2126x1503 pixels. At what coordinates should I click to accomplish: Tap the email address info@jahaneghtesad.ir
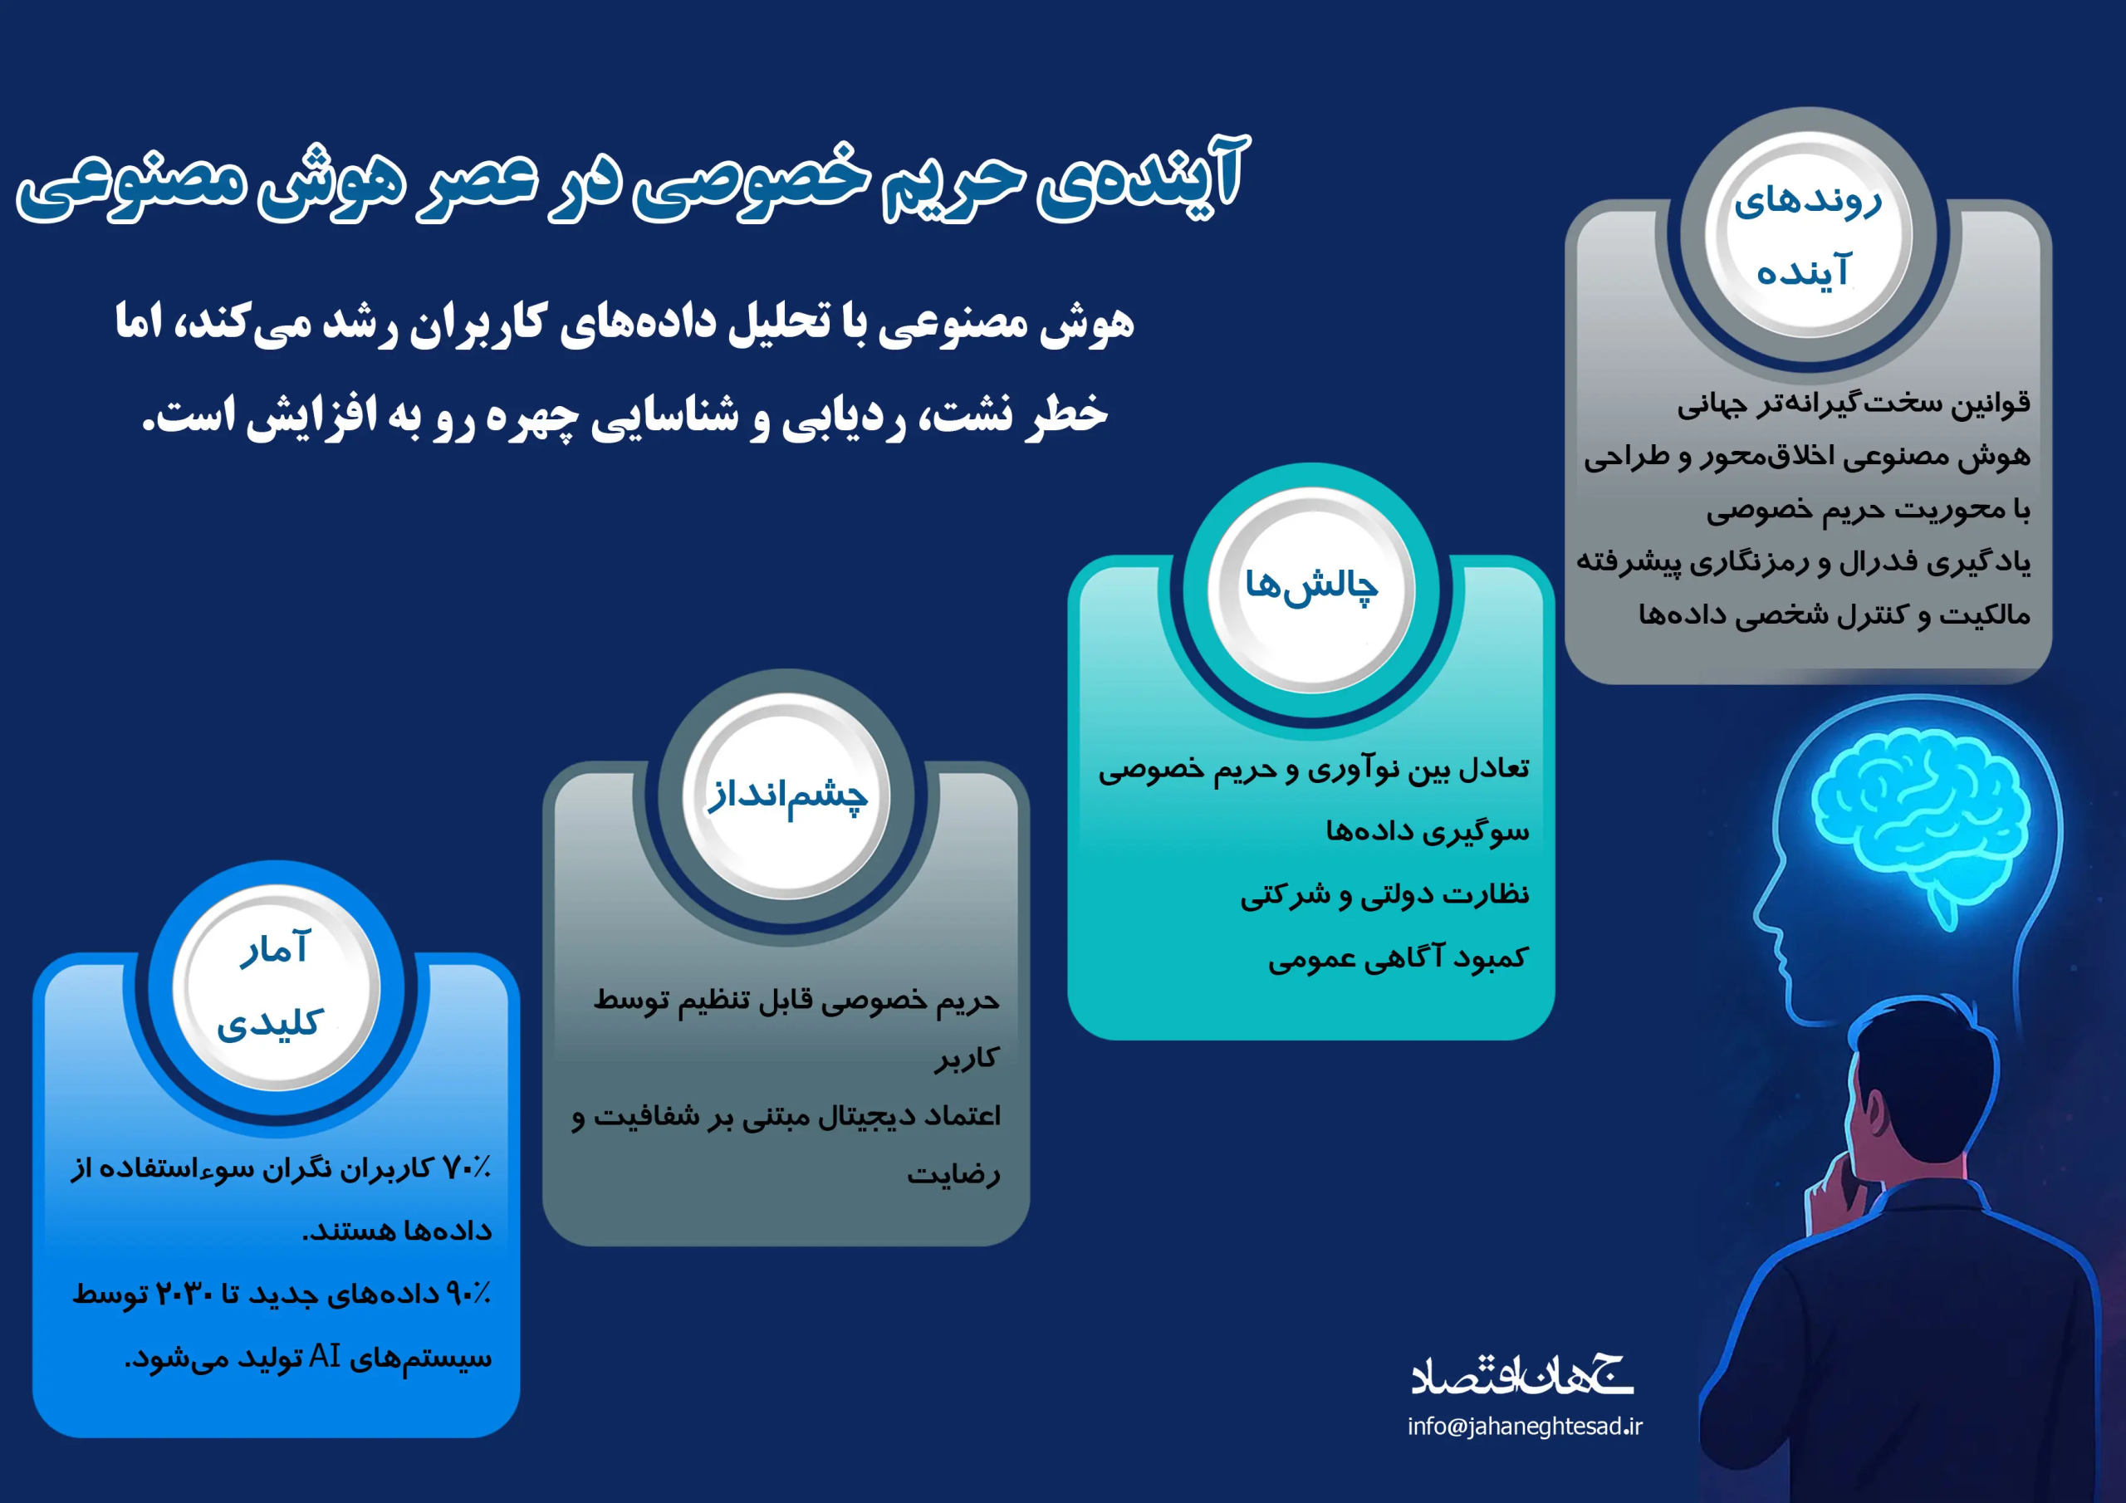tap(1524, 1426)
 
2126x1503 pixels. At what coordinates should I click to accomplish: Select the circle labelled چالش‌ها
tap(1311, 589)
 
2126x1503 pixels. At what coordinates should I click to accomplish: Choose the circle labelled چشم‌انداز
tap(786, 796)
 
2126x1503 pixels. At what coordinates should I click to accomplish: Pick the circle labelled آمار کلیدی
tap(276, 987)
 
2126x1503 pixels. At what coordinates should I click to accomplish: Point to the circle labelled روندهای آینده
tap(1809, 234)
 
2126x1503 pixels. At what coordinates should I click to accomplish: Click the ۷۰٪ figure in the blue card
tap(467, 1168)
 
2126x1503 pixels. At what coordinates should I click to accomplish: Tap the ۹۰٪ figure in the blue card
tap(468, 1293)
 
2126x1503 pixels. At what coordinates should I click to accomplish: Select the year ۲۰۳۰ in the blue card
tap(184, 1293)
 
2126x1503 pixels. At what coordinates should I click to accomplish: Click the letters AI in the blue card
tap(325, 1356)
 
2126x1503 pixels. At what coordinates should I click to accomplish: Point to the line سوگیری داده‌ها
tap(1427, 830)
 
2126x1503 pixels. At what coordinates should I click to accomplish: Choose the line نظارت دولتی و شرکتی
tap(1384, 894)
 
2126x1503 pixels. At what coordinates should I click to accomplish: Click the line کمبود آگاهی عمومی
tap(1399, 957)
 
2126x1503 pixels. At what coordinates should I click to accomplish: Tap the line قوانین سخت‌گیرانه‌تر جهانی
tap(1854, 404)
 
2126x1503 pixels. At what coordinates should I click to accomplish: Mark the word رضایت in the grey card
tap(953, 1174)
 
